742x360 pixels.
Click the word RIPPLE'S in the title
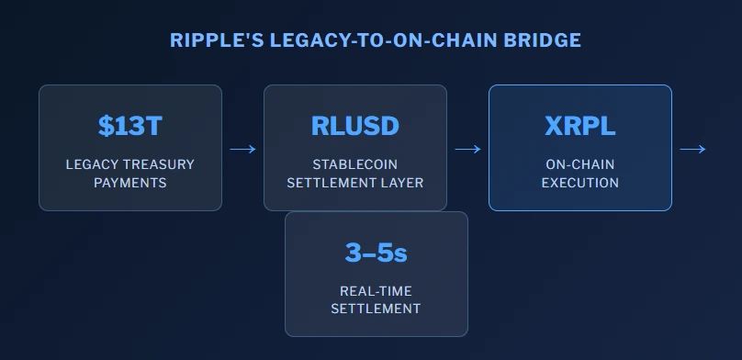click(217, 40)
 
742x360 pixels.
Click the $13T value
click(130, 126)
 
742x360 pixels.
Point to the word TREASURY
click(159, 164)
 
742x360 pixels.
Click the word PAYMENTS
click(130, 183)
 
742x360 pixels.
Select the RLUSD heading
click(354, 126)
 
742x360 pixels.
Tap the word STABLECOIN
click(354, 164)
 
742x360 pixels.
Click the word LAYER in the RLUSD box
click(405, 183)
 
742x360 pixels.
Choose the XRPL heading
click(580, 126)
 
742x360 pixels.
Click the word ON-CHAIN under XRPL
click(580, 164)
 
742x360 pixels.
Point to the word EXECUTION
click(580, 183)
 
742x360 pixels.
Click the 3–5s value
click(377, 253)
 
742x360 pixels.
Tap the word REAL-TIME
click(377, 291)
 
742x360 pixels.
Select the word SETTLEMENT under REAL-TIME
click(376, 309)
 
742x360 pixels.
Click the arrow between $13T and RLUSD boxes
click(242, 149)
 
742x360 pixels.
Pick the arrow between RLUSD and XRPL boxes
click(468, 149)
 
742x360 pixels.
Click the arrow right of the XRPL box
click(692, 149)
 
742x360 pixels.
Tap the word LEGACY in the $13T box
click(92, 164)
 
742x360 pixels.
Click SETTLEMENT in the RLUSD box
click(334, 183)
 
